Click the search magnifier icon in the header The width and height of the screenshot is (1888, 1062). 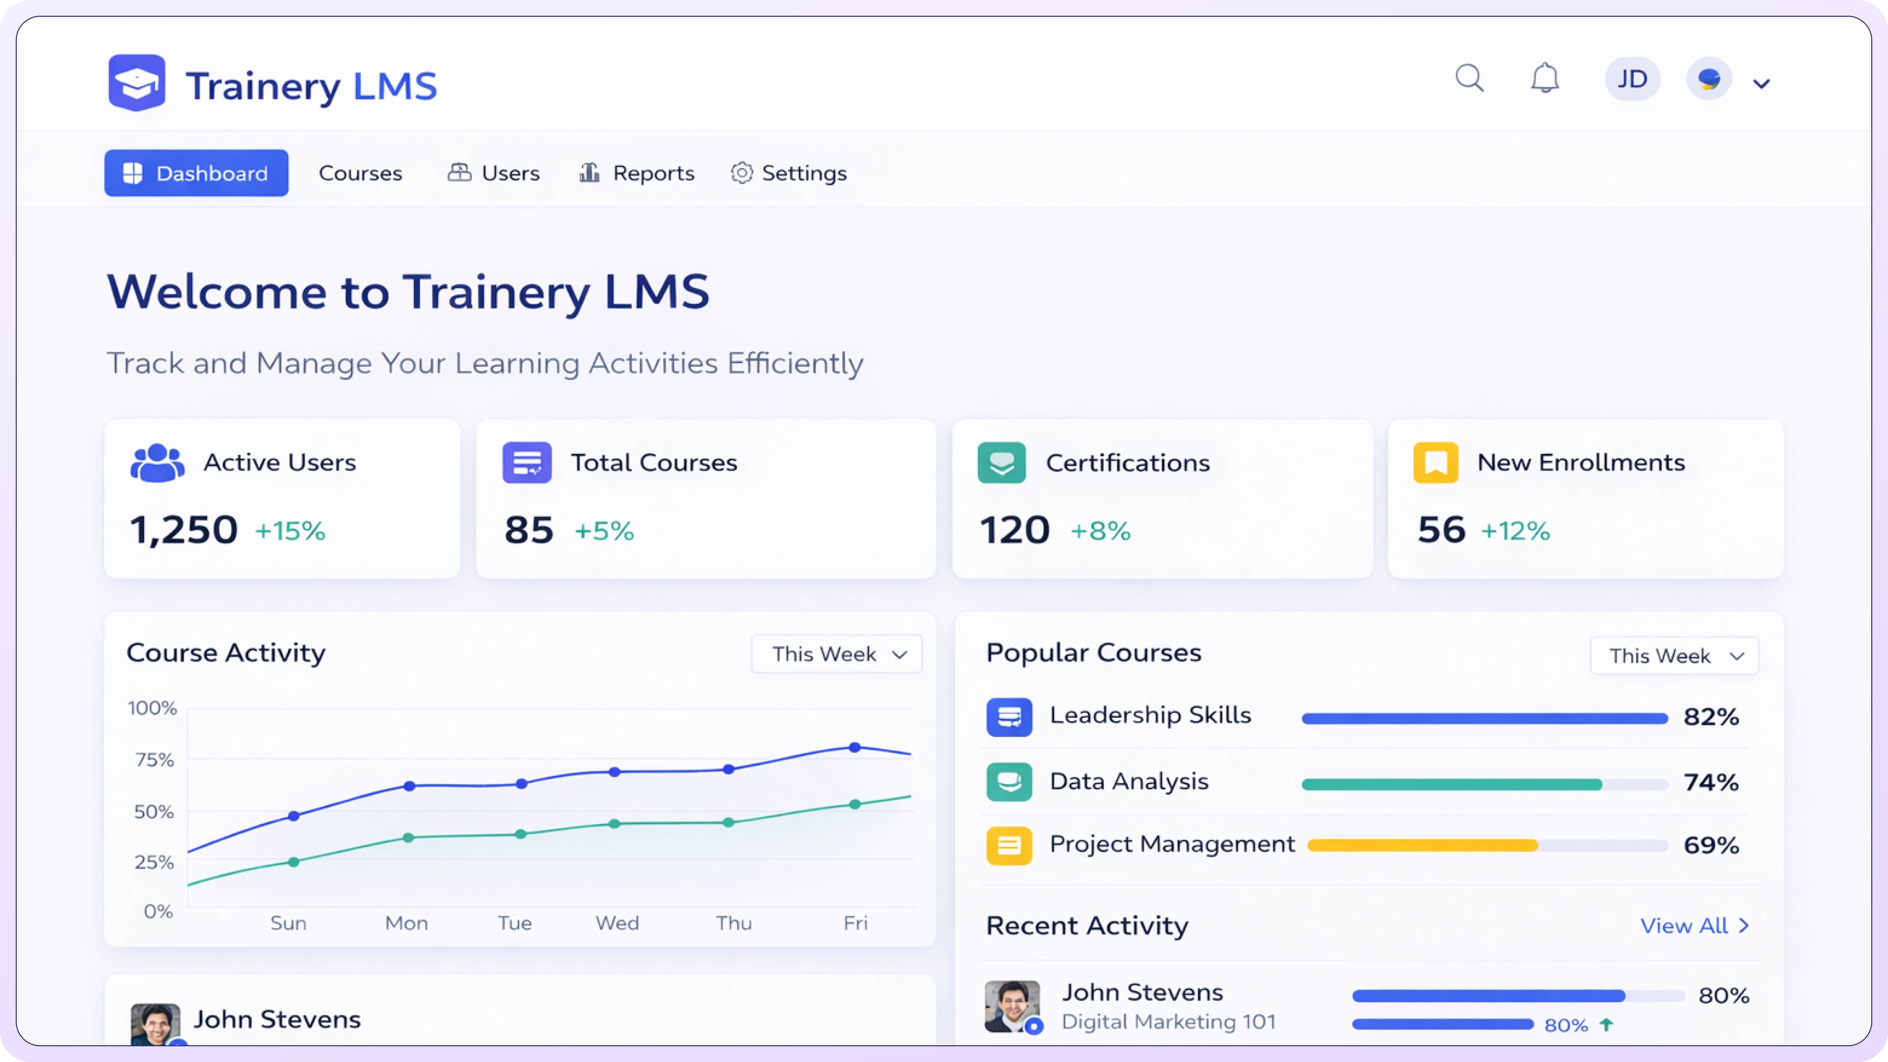(x=1470, y=79)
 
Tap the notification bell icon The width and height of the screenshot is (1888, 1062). (x=1545, y=79)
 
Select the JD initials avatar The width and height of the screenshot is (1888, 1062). (x=1632, y=79)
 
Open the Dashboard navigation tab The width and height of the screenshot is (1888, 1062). (x=197, y=173)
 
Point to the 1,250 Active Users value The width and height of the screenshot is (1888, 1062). (x=184, y=530)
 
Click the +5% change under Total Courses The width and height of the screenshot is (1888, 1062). (x=604, y=531)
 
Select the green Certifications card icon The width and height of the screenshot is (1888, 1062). (x=1001, y=463)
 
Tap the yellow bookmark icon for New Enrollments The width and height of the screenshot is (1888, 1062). (x=1436, y=463)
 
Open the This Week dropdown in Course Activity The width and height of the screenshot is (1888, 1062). (x=837, y=654)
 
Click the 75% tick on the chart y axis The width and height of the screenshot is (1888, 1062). (x=155, y=760)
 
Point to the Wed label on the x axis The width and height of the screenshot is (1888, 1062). (x=617, y=923)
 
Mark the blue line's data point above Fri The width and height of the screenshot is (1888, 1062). (x=855, y=747)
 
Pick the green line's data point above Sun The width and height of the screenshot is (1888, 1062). (x=293, y=862)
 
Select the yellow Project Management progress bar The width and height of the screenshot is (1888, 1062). (x=1422, y=846)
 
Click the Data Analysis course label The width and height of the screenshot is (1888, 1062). (x=1129, y=781)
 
